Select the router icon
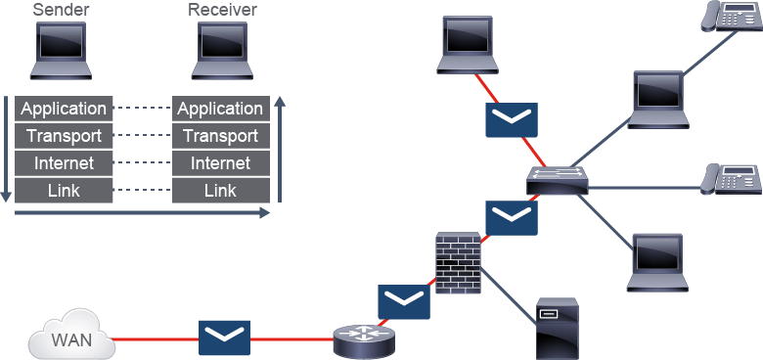tap(365, 341)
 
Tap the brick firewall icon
tap(458, 263)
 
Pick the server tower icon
tap(557, 329)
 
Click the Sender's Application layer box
tap(64, 109)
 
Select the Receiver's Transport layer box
tap(221, 136)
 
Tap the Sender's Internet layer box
tap(64, 163)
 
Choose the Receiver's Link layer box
tap(221, 190)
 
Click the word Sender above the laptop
tap(60, 9)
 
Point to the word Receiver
tap(222, 9)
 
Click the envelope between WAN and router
tap(224, 337)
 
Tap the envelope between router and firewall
tap(404, 301)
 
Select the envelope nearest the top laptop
tap(512, 119)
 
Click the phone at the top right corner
tap(731, 17)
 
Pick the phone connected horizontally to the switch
tap(731, 179)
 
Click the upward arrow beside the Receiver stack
tap(280, 149)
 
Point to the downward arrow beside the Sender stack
tap(5, 149)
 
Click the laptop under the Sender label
tap(61, 50)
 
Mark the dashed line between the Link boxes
tap(143, 190)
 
